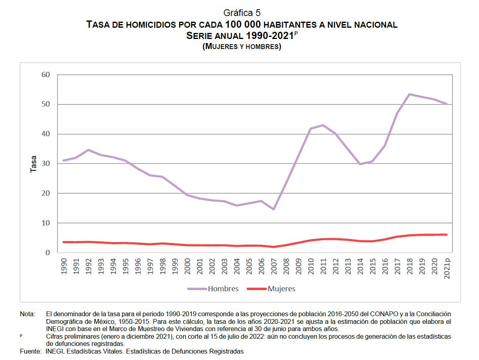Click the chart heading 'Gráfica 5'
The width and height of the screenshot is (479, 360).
242,13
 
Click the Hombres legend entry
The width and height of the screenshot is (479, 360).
213,289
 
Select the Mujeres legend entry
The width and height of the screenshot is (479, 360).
271,289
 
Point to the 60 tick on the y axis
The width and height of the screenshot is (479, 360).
45,75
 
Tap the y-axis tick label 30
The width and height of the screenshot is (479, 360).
45,164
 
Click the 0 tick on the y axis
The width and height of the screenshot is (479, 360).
48,252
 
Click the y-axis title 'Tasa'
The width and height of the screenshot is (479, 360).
33,164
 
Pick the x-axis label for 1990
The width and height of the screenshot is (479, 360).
64,266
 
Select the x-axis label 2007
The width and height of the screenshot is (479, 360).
274,266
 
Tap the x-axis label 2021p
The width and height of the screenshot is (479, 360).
447,268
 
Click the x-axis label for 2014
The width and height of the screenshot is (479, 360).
360,266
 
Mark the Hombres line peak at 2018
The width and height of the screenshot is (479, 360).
409,94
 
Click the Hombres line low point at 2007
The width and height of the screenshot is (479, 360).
274,209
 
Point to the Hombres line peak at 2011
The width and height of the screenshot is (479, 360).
323,125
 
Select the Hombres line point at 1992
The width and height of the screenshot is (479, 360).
88,150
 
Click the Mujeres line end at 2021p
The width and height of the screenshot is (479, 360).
446,235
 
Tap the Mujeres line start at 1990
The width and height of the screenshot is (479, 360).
63,242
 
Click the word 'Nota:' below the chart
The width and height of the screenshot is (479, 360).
28,314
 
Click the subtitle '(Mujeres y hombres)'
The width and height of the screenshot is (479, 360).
242,47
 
